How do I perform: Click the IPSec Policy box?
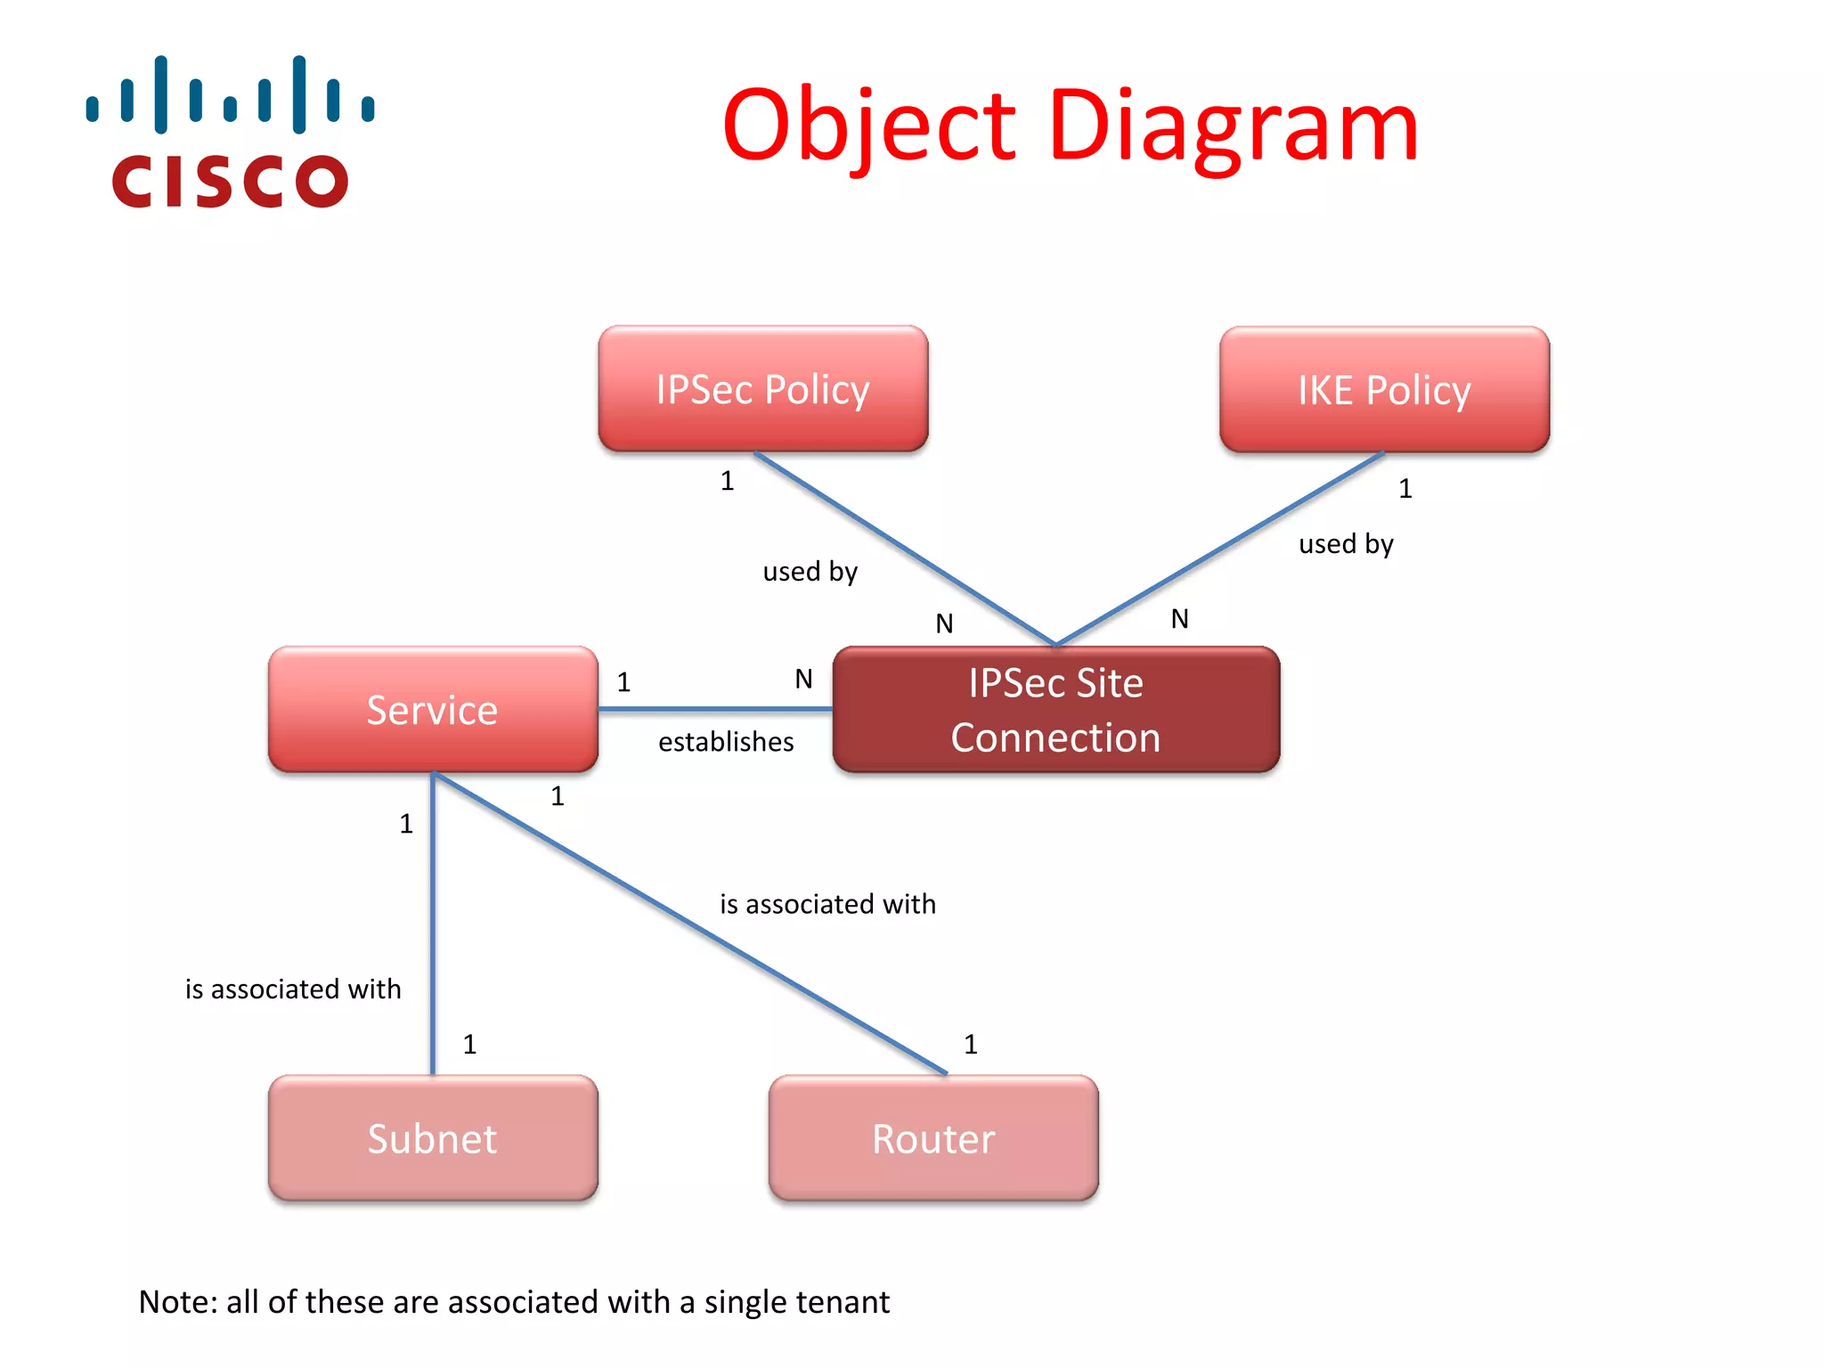762,389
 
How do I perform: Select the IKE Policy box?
1384,390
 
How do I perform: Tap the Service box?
433,710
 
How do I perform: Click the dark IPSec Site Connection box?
1055,710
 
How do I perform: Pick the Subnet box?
433,1138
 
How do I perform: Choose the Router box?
933,1138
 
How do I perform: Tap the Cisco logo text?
230,181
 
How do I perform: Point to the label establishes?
726,742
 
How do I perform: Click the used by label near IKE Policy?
1346,543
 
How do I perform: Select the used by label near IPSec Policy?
810,571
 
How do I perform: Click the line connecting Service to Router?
690,924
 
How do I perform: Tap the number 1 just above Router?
971,1044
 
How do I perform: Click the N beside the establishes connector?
803,680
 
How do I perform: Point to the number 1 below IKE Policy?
1405,489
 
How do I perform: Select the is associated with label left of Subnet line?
293,989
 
